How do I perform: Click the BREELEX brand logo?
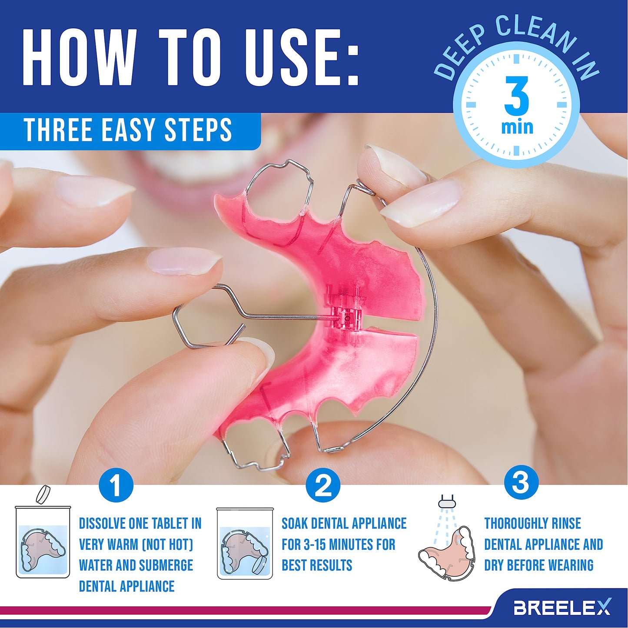562,607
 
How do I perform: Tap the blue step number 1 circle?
116,485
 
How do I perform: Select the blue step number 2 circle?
322,485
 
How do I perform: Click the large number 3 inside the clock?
516,96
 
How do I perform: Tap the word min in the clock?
517,127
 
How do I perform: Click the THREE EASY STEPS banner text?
128,130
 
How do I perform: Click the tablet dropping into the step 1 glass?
43,494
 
